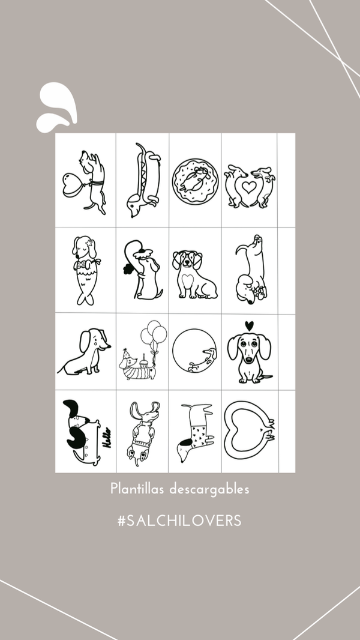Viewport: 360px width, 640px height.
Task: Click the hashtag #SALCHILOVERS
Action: (x=179, y=521)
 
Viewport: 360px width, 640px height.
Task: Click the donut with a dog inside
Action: (x=195, y=180)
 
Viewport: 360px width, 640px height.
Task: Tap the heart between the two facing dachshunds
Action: (x=249, y=187)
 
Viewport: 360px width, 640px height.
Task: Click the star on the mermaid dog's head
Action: (x=89, y=244)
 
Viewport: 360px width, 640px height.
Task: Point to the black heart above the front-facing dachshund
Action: (x=250, y=326)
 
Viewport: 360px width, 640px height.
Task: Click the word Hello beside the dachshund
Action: (x=107, y=437)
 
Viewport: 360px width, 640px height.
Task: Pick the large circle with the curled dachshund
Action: (x=194, y=351)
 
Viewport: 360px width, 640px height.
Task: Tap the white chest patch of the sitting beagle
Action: (x=187, y=280)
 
